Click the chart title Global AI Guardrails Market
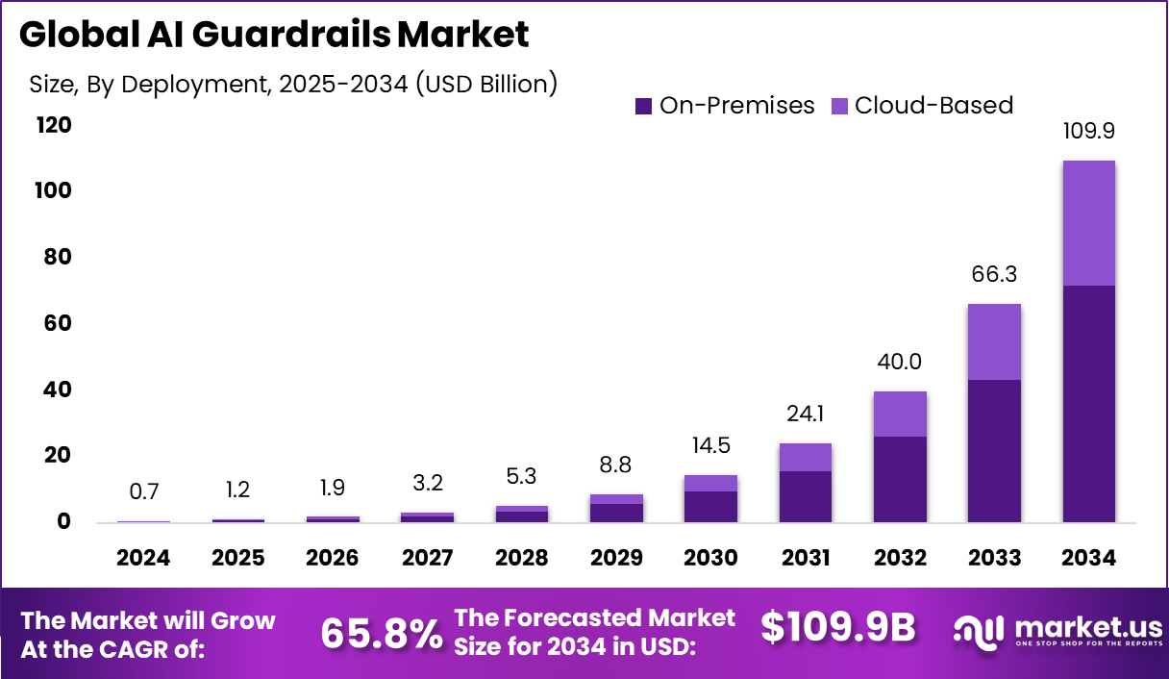tap(274, 35)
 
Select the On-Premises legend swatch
tap(643, 106)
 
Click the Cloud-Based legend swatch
tap(839, 106)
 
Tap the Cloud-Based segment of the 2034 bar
tap(1088, 223)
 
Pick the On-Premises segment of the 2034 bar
tap(1088, 404)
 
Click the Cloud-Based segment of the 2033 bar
tap(994, 341)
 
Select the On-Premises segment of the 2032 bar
tap(900, 479)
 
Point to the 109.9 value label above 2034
tap(1088, 131)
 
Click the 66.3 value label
tap(994, 275)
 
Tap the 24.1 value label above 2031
tap(805, 415)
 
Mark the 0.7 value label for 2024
tap(144, 491)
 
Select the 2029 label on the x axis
tap(616, 559)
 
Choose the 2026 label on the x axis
tap(333, 559)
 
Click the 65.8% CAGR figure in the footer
tap(382, 633)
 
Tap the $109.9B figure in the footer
tap(837, 627)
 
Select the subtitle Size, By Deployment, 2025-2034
tap(293, 85)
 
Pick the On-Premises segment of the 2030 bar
tap(710, 507)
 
